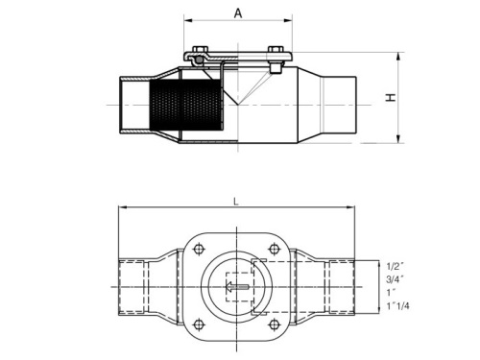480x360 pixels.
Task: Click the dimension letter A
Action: pos(237,12)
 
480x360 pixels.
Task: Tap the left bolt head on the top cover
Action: pos(201,51)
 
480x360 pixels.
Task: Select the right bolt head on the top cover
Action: pos(276,51)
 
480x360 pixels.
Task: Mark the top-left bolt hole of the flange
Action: pos(199,251)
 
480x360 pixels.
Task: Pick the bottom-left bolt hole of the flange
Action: pos(199,324)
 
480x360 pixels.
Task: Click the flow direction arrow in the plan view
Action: pos(237,287)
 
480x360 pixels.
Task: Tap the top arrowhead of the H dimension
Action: pos(396,55)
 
